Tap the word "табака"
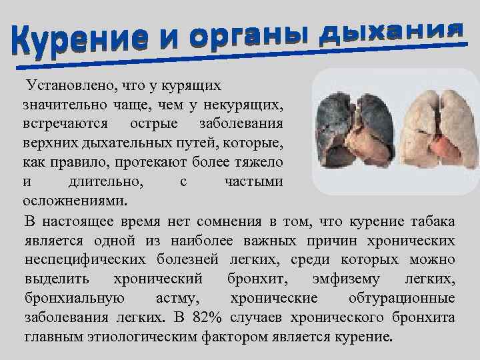click(432, 221)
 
